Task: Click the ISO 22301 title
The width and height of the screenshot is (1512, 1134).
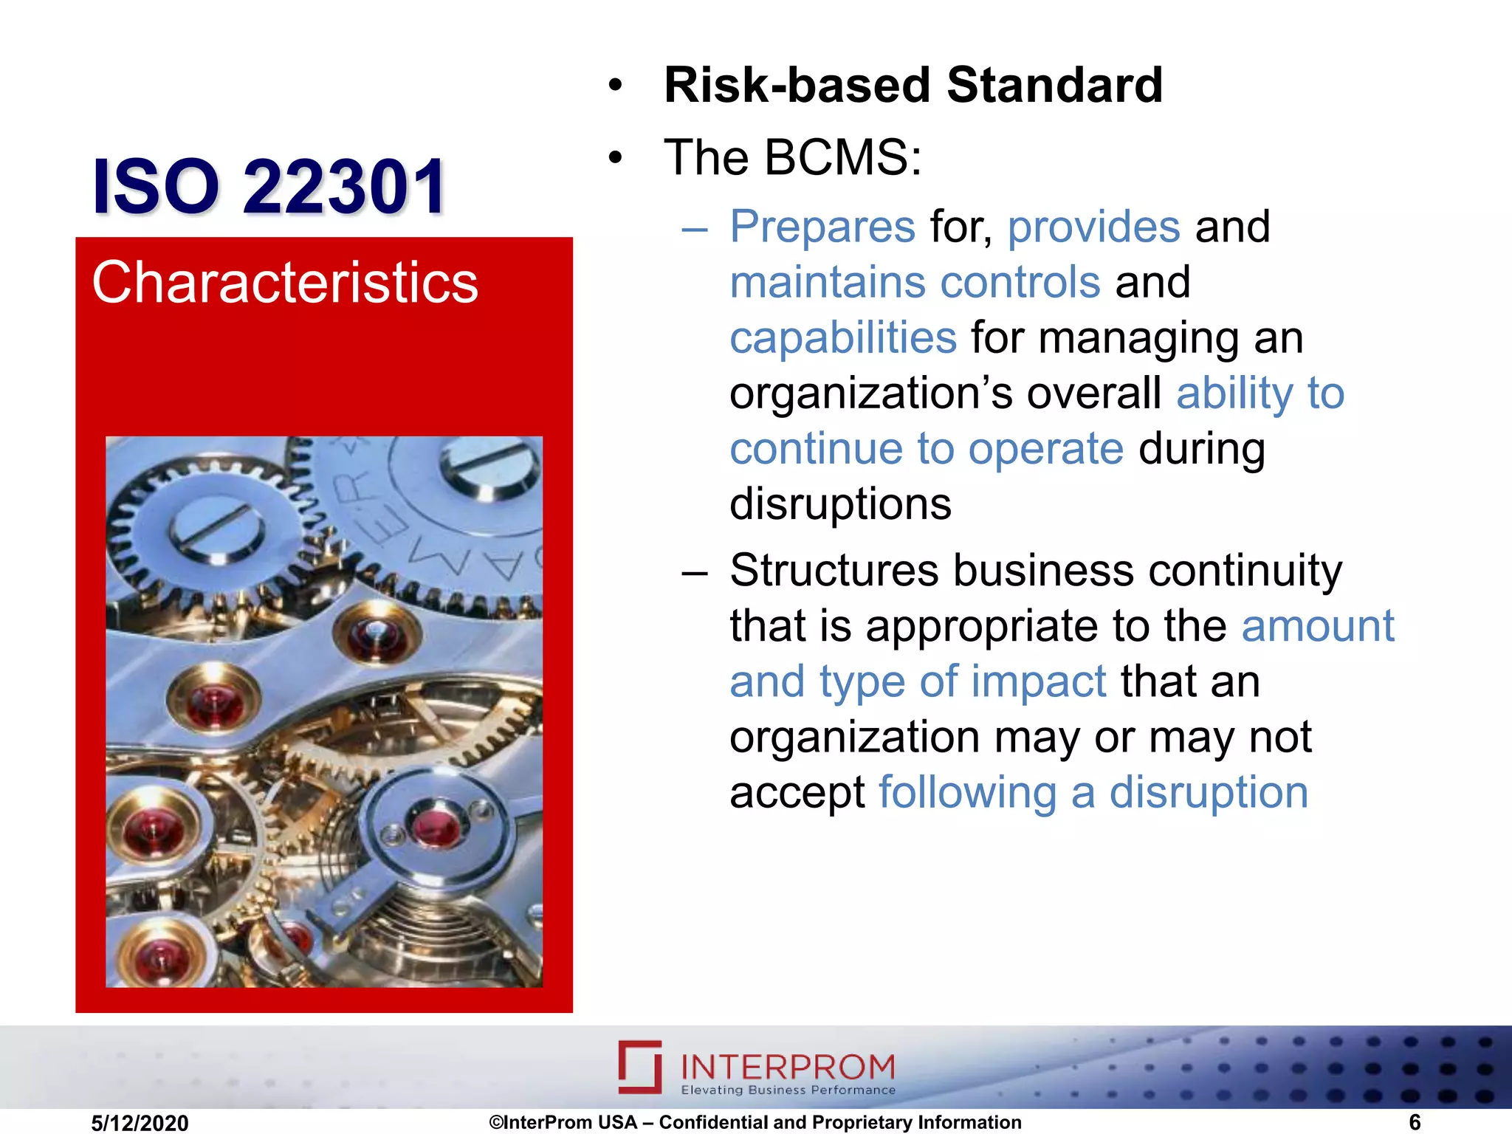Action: (x=269, y=186)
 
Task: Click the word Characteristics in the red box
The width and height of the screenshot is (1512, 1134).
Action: (x=285, y=283)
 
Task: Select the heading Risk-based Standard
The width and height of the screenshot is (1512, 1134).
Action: (x=913, y=85)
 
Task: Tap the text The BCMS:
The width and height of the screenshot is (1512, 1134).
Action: (x=793, y=157)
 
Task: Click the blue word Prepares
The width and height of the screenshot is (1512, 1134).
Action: (x=822, y=226)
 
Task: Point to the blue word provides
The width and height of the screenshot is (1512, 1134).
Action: (x=1093, y=226)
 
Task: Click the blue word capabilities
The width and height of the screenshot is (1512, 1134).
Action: (x=843, y=338)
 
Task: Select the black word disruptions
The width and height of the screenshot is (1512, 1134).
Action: (x=840, y=504)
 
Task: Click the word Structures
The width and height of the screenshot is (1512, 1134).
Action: (x=833, y=571)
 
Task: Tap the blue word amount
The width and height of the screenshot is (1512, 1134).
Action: (x=1317, y=626)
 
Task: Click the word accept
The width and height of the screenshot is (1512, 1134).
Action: (x=797, y=793)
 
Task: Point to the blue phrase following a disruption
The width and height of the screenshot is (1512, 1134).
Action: (x=1093, y=793)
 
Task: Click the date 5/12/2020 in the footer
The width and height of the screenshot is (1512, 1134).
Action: (x=140, y=1123)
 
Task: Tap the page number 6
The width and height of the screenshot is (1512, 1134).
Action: (x=1414, y=1122)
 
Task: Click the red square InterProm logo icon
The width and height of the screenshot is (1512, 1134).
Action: (x=639, y=1066)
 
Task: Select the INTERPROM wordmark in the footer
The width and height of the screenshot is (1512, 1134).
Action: (x=787, y=1066)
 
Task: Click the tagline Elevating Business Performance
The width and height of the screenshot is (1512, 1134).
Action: (x=788, y=1090)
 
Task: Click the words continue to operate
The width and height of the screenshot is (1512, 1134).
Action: (x=926, y=449)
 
